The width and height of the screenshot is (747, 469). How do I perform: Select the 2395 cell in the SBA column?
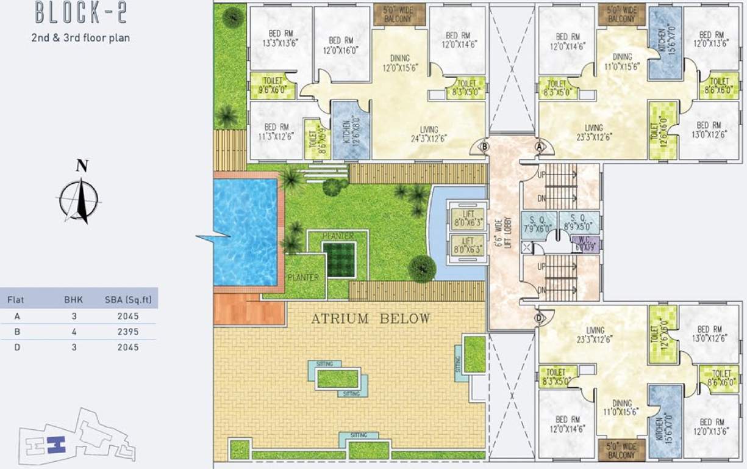[x=129, y=332]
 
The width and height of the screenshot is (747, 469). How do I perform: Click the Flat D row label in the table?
[x=10, y=347]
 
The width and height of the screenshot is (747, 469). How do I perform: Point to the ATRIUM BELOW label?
[x=371, y=319]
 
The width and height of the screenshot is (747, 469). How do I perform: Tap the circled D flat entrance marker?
[x=539, y=318]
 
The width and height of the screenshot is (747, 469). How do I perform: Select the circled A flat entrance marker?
[x=539, y=147]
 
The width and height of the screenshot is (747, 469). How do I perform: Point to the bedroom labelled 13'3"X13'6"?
[x=280, y=40]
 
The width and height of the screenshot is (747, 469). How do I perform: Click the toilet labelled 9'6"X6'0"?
[x=272, y=86]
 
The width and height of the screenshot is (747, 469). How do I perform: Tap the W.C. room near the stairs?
[x=586, y=244]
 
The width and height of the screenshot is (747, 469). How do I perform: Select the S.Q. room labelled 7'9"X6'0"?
[x=538, y=224]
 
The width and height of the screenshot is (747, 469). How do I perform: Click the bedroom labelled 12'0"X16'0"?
[x=341, y=43]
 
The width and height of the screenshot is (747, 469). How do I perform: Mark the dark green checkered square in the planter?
[x=338, y=260]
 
